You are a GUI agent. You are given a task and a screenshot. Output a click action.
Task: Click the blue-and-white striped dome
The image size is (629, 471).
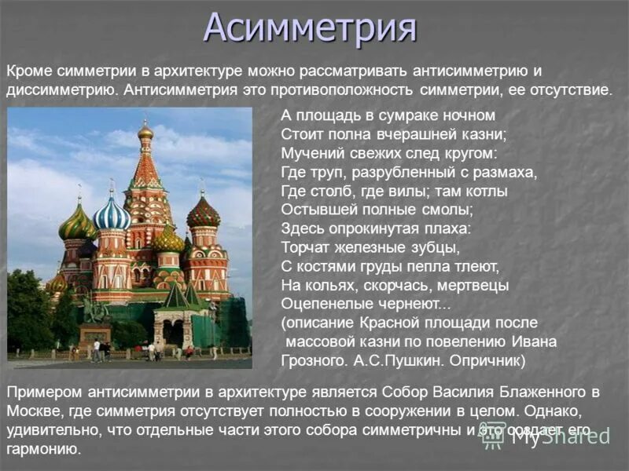click(x=112, y=214)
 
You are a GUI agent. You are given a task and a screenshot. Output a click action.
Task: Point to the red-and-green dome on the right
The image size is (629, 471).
click(x=204, y=213)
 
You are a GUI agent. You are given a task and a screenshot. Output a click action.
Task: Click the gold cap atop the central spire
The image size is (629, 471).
click(x=145, y=131)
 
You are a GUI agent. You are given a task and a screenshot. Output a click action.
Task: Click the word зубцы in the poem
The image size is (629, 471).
click(x=435, y=247)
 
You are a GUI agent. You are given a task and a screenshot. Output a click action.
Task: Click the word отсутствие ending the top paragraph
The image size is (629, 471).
click(x=569, y=89)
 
